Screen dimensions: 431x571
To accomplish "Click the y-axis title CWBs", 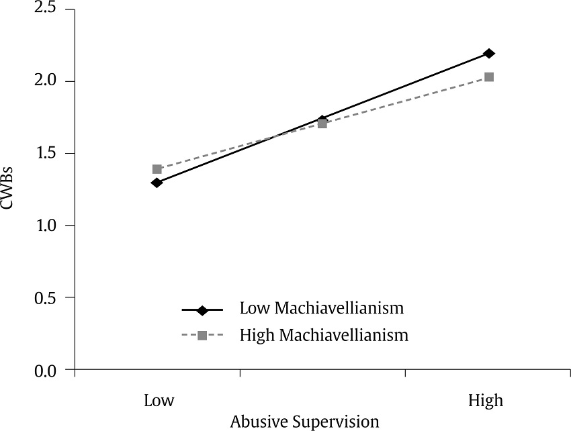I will [9, 190].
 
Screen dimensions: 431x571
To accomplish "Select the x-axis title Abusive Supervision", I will [304, 422].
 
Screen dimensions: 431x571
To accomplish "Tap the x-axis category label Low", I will [159, 401].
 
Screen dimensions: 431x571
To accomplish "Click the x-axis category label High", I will [486, 401].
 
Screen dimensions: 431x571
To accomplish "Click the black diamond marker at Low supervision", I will [157, 183].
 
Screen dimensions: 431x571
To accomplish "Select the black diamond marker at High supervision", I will [489, 53].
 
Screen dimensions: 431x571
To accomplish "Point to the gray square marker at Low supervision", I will [157, 169].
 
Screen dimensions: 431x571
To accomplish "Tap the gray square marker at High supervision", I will [489, 77].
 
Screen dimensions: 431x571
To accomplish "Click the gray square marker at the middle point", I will [322, 124].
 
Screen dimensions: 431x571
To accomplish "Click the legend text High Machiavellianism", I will [324, 334].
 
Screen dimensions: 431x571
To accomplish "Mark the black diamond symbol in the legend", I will [202, 310].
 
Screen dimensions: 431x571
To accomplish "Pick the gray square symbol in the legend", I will [202, 335].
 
